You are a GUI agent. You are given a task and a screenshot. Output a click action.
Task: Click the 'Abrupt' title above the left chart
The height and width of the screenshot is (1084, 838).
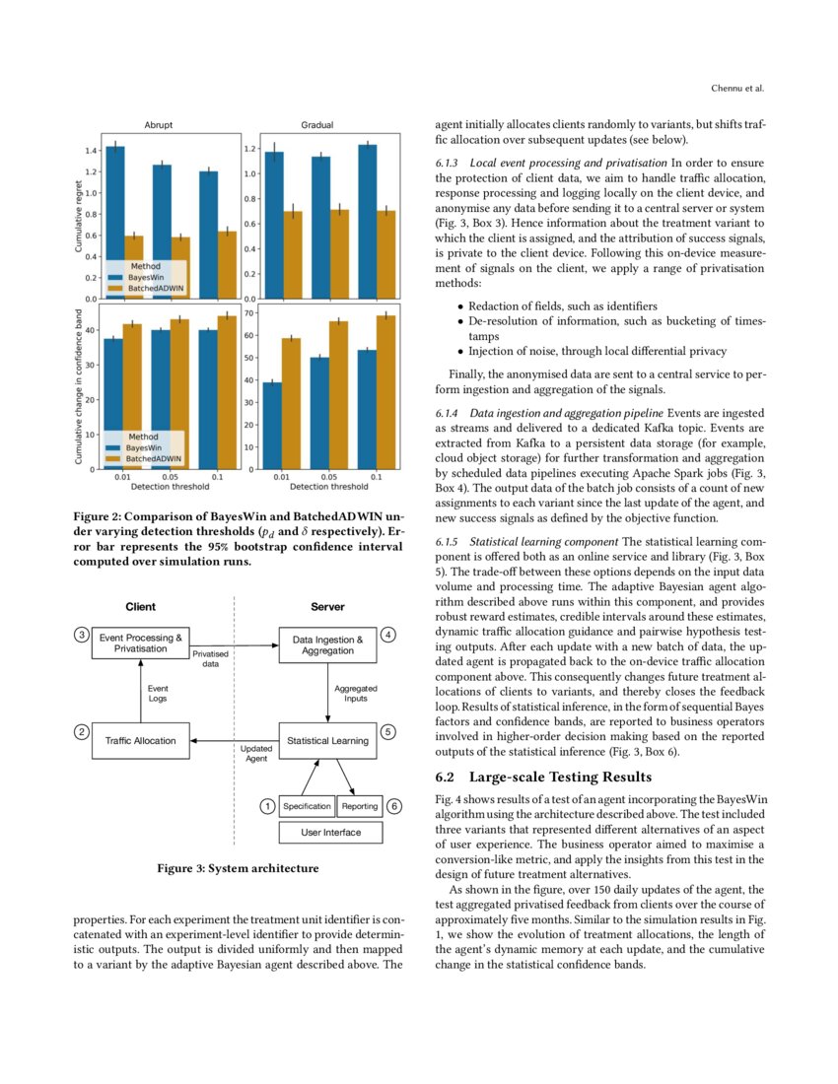tap(159, 125)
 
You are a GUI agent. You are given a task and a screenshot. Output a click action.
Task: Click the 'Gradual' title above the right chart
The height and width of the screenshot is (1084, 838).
tap(316, 125)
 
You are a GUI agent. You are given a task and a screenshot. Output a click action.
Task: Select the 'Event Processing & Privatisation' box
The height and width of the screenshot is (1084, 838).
tap(141, 644)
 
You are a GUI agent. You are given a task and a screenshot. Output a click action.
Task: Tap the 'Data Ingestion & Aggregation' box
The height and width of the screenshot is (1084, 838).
tap(327, 645)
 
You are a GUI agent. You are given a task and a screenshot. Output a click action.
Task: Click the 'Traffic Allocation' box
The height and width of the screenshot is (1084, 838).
tap(141, 740)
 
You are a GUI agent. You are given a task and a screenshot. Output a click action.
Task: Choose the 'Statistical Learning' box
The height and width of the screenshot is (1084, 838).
tap(327, 740)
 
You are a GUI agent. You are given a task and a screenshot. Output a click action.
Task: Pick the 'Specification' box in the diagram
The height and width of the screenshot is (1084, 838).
tap(307, 806)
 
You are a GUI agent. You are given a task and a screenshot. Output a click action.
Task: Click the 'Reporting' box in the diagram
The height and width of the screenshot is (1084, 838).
tap(360, 806)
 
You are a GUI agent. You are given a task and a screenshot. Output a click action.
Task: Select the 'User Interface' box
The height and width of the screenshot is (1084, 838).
tap(331, 833)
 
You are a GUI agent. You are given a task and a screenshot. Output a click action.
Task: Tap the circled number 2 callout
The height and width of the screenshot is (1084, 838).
tap(82, 731)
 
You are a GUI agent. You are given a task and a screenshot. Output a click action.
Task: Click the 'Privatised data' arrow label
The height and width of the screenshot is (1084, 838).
tap(211, 658)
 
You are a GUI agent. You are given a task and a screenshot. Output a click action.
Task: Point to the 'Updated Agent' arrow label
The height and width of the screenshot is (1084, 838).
tap(255, 754)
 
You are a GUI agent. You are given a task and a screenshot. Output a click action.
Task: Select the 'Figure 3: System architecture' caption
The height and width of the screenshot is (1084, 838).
tap(238, 868)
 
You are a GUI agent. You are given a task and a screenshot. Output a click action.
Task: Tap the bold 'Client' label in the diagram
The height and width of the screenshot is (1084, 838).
tap(140, 607)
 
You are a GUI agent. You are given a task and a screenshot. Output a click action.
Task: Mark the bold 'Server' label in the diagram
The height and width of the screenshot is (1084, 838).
tap(327, 607)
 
